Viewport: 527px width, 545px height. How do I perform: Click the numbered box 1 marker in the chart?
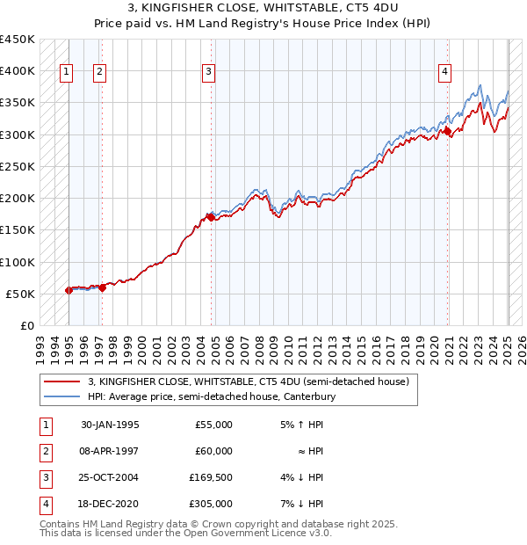click(67, 73)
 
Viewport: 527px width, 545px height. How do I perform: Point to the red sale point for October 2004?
click(211, 216)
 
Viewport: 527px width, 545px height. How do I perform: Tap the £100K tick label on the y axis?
click(18, 262)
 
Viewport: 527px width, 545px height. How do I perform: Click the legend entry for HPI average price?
click(213, 396)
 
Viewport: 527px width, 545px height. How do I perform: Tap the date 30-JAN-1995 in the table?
click(110, 425)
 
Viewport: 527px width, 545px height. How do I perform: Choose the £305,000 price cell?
click(211, 504)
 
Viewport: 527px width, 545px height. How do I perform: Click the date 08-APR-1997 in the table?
click(110, 451)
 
